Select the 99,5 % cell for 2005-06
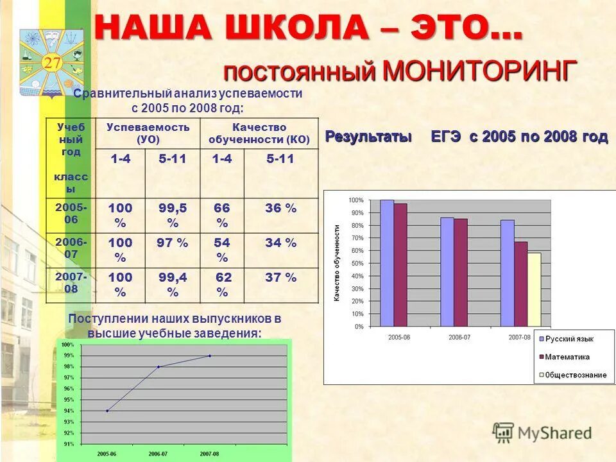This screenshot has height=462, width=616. [172, 215]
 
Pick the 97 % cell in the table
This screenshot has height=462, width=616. [172, 243]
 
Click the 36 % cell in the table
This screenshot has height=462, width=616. [281, 209]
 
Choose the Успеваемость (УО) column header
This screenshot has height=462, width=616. [148, 133]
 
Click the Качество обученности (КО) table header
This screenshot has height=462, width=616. [259, 133]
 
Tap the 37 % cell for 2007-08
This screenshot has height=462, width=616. [281, 278]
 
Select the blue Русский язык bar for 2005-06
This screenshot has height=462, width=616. [387, 263]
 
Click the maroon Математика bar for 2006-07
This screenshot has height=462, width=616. [461, 273]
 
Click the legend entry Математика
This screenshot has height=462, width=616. [567, 357]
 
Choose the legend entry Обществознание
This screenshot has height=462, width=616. [575, 375]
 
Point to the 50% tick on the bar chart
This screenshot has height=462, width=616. [356, 264]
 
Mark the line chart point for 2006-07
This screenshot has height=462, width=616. [158, 366]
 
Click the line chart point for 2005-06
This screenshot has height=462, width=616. [107, 411]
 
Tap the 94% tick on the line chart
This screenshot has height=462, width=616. [67, 411]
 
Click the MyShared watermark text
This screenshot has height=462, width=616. [554, 433]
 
